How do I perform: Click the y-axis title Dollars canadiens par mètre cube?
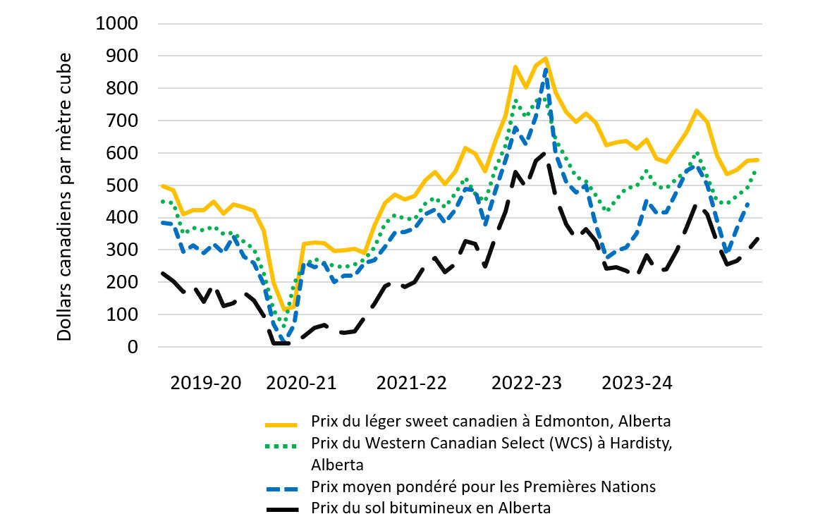[x=65, y=196]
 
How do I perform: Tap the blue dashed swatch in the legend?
[x=283, y=487]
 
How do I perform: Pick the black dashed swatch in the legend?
[x=283, y=508]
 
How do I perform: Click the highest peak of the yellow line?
[x=546, y=59]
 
